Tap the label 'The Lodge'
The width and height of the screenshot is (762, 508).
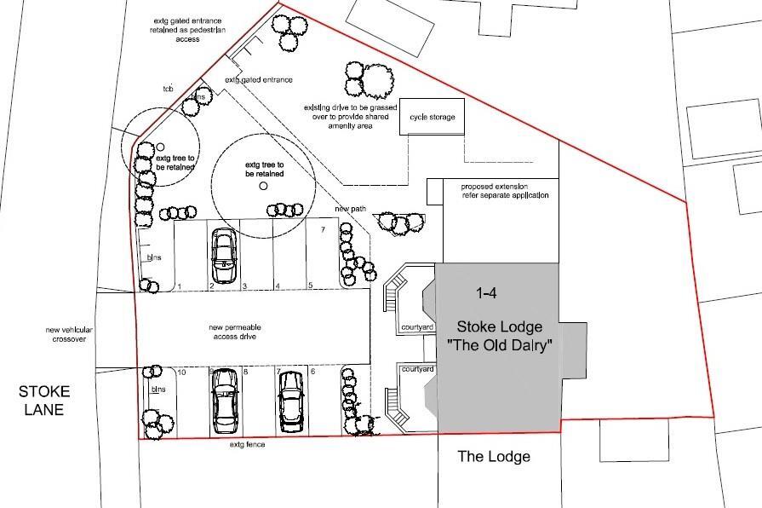tap(494, 457)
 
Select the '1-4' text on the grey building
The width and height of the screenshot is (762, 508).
tap(487, 293)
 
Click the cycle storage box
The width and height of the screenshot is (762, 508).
tap(433, 117)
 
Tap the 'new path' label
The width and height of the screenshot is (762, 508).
tap(351, 209)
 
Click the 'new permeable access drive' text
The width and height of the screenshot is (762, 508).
tap(232, 332)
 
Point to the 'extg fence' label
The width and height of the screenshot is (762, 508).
tap(247, 445)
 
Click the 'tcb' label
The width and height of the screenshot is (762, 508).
tap(169, 88)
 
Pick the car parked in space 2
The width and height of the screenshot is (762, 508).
tap(224, 255)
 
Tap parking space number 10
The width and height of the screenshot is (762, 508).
tap(181, 372)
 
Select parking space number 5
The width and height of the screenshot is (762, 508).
tap(311, 286)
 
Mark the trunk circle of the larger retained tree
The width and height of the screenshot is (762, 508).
tap(263, 186)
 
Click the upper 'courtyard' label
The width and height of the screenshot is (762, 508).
tap(418, 326)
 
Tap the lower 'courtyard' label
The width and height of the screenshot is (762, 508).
tap(418, 369)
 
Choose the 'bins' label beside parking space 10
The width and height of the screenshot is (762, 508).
tap(158, 389)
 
